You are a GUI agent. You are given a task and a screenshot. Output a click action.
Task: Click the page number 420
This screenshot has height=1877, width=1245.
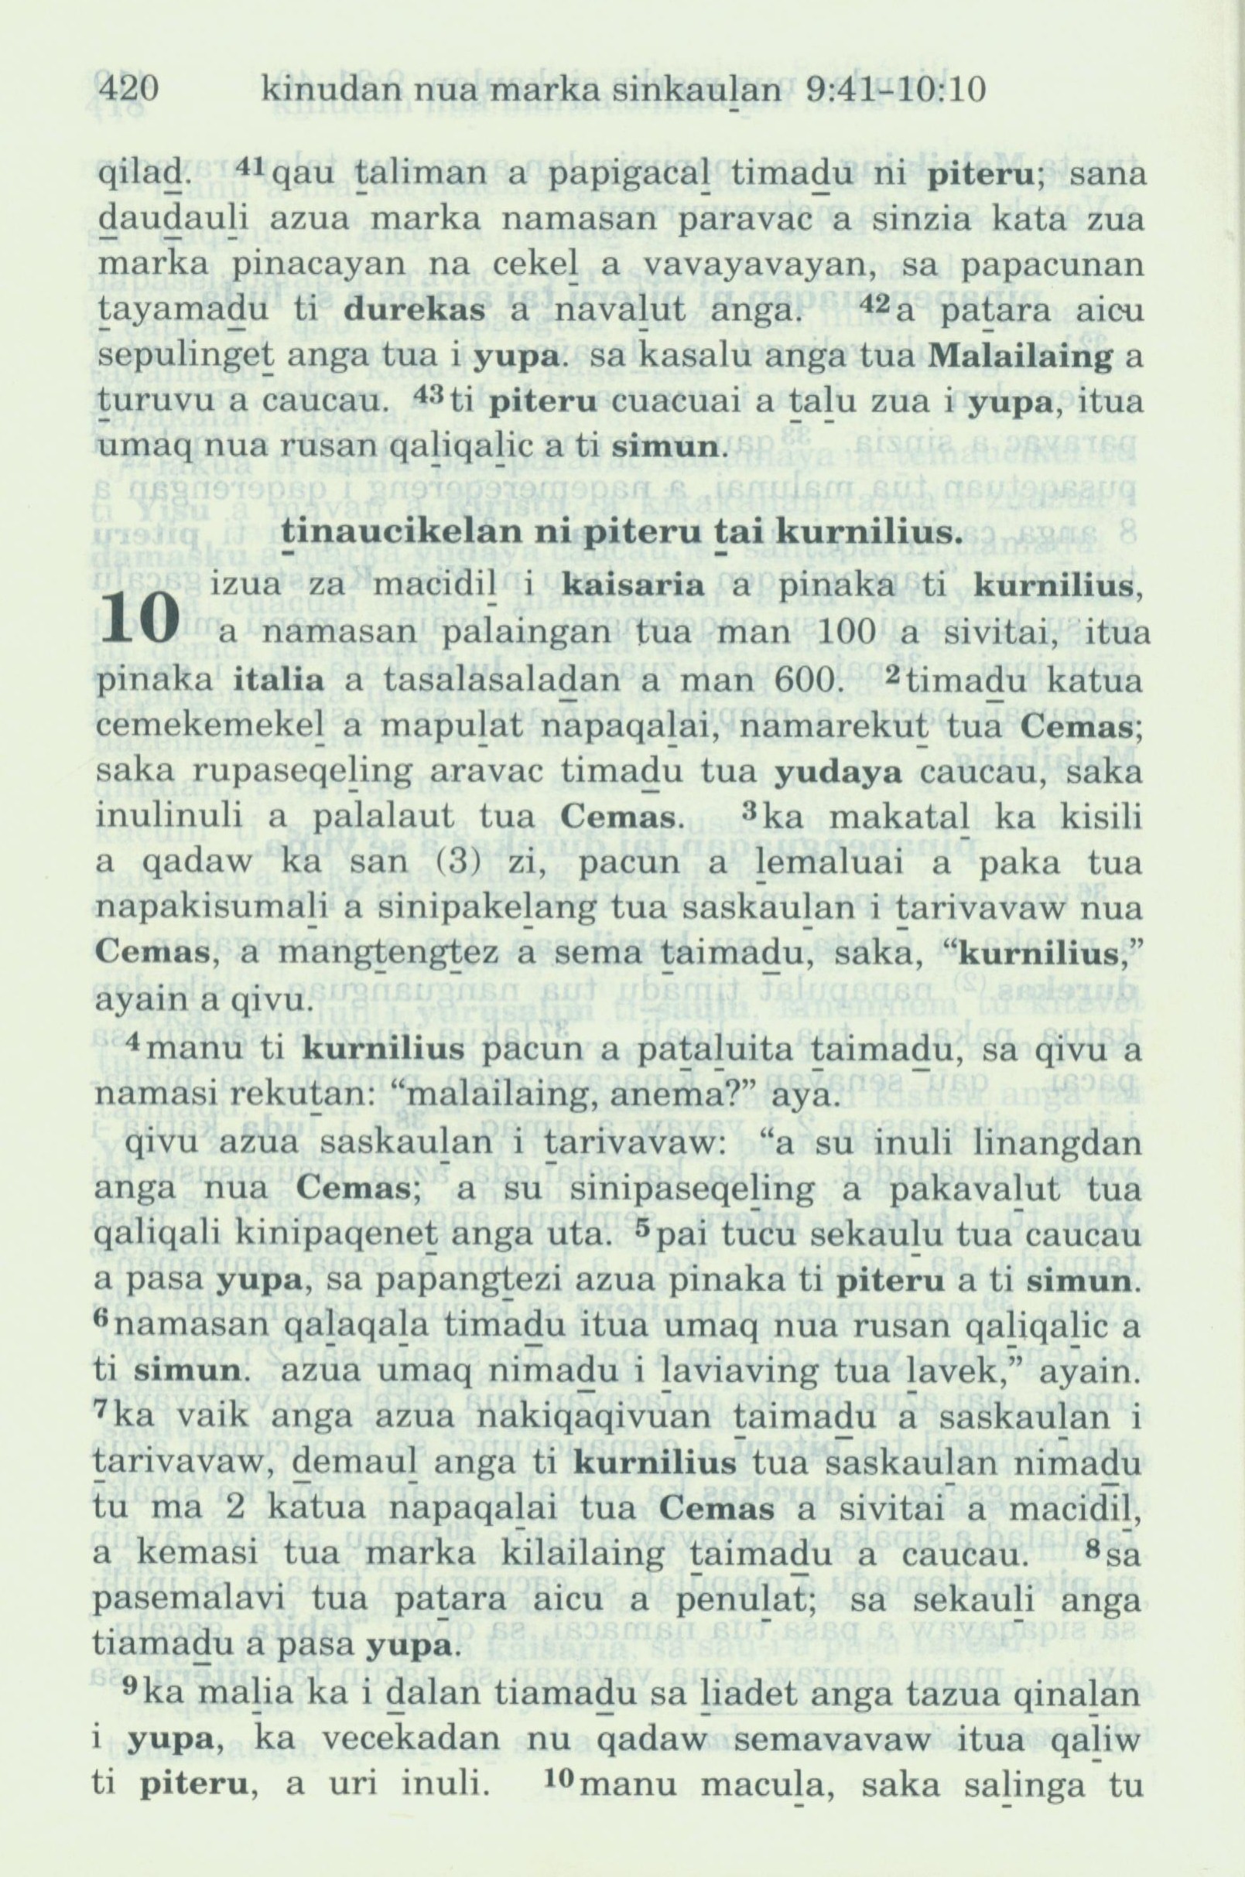click(130, 92)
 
